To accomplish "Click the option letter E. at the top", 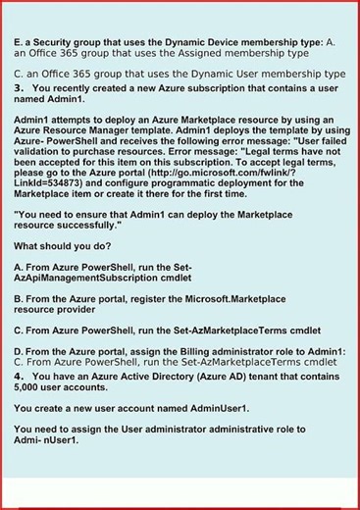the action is pyautogui.click(x=19, y=43).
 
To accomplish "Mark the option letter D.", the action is pyautogui.click(x=19, y=350).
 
